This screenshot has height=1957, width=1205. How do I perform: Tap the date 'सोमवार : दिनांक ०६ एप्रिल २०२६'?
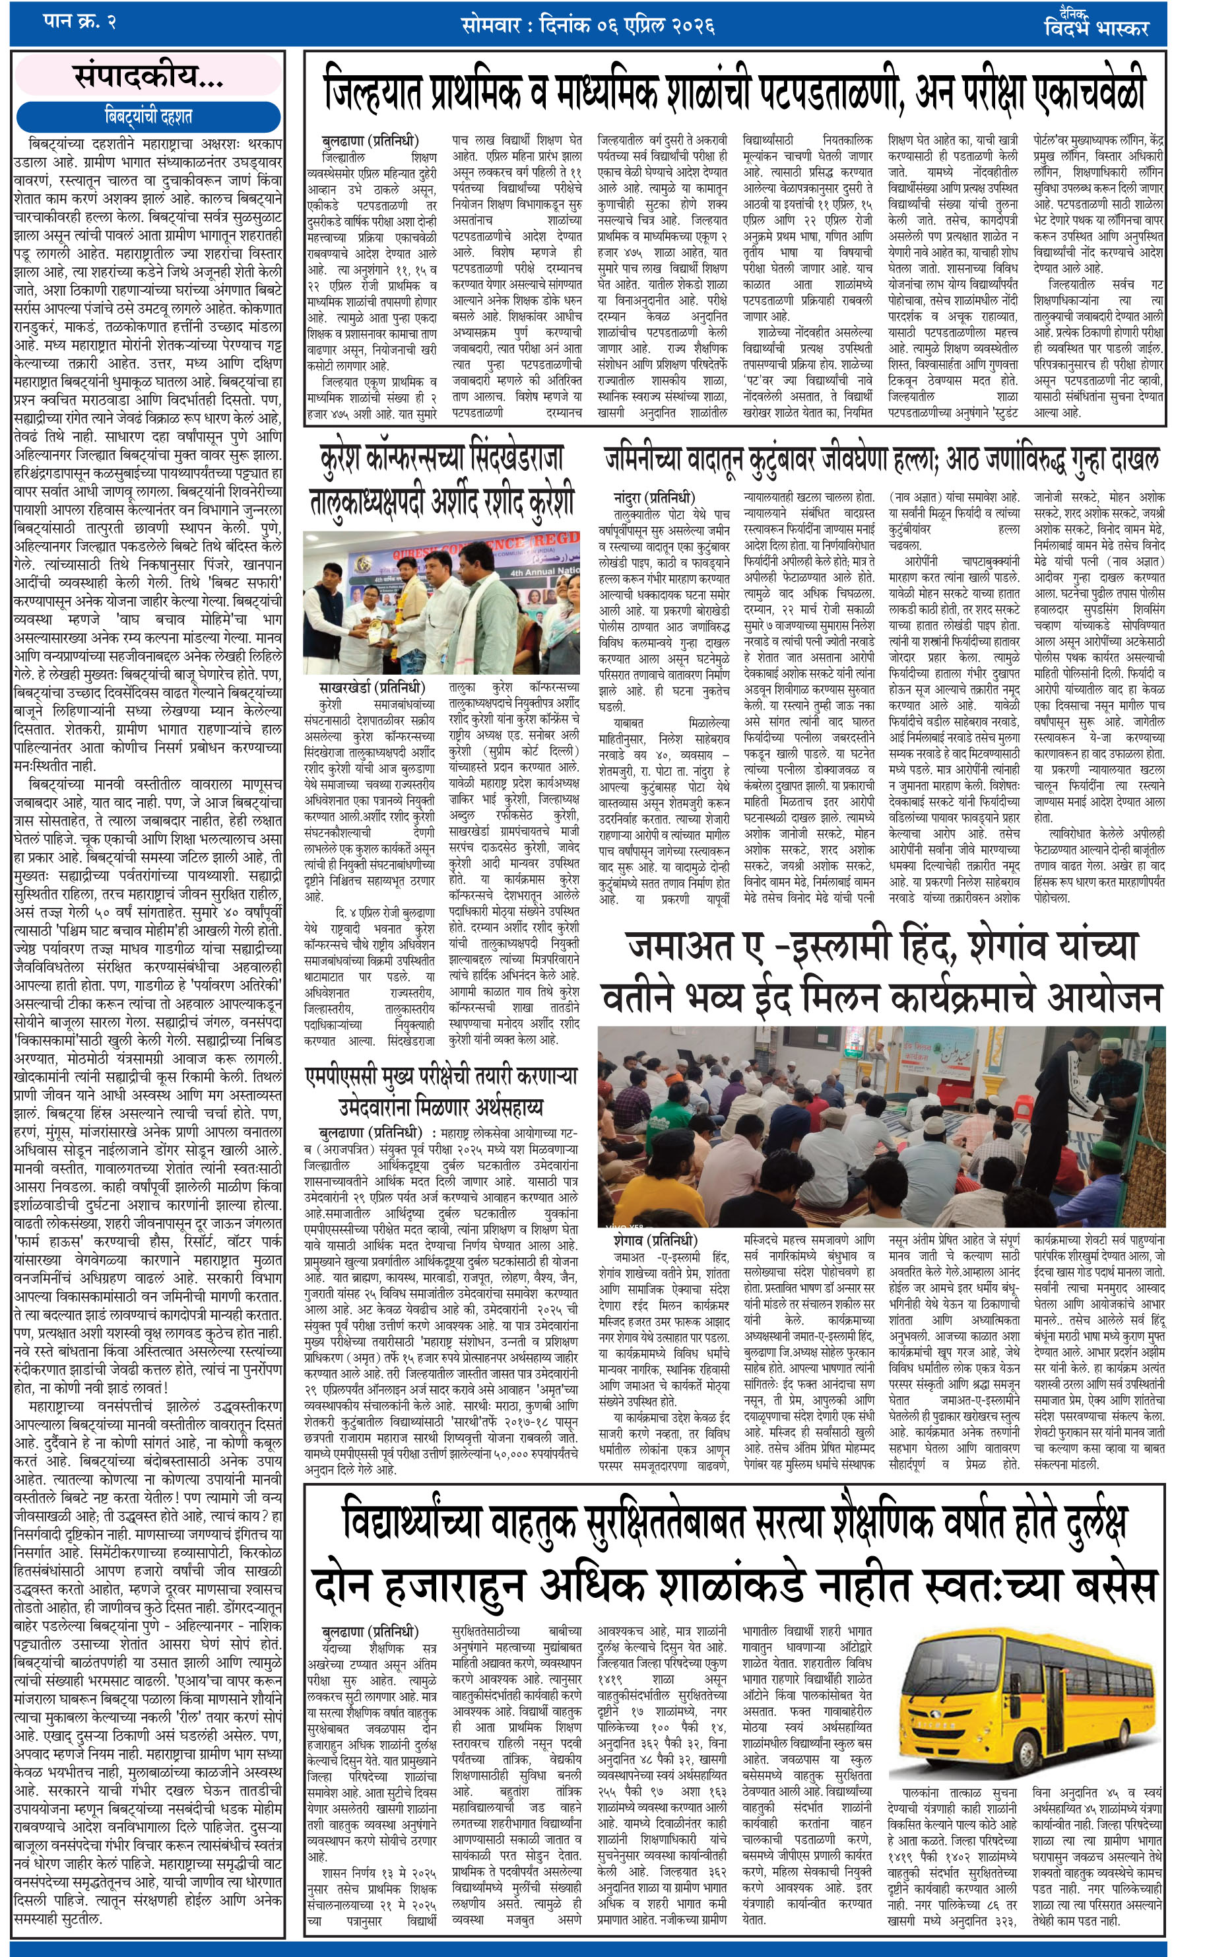587,26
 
